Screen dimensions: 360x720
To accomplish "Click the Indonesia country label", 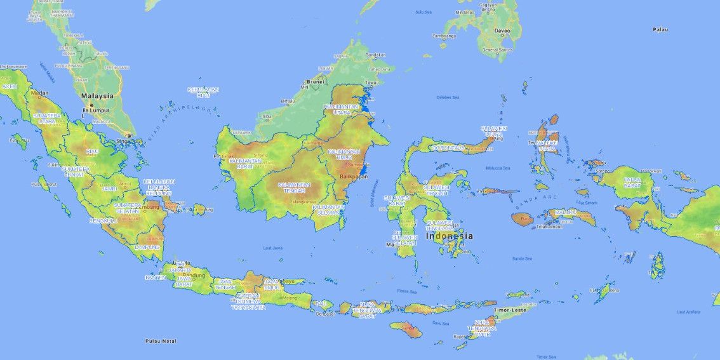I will tap(450, 236).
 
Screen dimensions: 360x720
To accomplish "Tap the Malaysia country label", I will tap(97, 96).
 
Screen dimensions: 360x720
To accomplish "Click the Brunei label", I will tap(315, 82).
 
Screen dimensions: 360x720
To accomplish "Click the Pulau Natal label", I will tap(160, 341).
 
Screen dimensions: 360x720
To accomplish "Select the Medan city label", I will tap(40, 93).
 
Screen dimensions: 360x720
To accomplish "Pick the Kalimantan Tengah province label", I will tap(294, 187).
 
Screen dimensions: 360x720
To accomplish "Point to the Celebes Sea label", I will tap(448, 97).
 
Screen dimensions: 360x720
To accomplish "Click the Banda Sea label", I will tap(521, 258).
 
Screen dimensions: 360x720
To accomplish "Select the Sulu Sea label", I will tap(423, 11).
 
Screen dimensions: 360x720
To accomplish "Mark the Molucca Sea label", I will tap(498, 168).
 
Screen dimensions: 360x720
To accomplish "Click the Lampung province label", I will tap(147, 247).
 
